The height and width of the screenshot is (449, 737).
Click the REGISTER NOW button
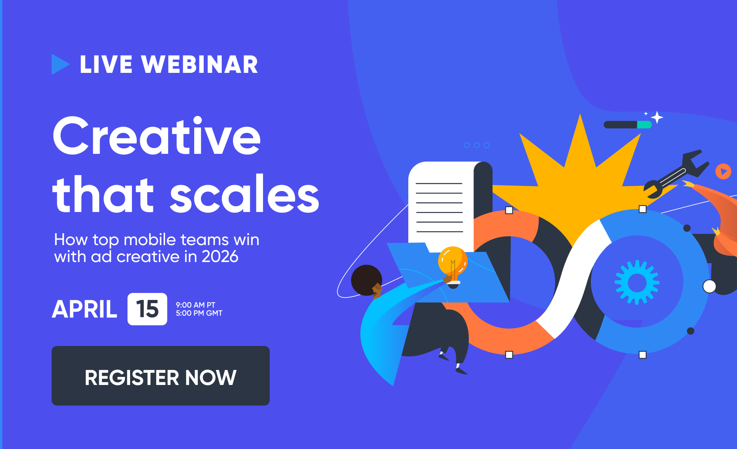(161, 376)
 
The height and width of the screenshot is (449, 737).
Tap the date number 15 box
(147, 309)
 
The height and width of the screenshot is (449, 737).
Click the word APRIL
(85, 309)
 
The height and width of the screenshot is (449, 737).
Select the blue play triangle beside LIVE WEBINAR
(60, 64)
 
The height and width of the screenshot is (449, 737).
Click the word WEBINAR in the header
(200, 64)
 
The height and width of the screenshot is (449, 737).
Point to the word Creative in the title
(157, 136)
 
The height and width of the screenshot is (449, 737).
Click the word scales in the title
(244, 194)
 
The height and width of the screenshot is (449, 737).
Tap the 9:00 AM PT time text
(196, 305)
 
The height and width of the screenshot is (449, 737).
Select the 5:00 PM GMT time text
(199, 313)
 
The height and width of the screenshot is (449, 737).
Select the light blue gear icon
(637, 282)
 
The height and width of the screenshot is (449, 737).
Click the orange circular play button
(723, 172)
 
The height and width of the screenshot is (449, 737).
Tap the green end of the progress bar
(645, 125)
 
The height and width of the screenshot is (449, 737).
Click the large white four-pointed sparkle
(657, 117)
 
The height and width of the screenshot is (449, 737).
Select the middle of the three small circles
(477, 145)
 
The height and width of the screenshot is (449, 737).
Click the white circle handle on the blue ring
(709, 286)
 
